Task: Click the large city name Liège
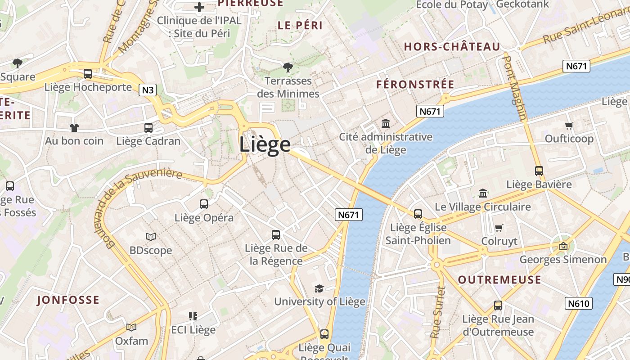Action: point(265,144)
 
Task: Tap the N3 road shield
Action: point(148,90)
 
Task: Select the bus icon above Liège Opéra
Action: point(204,204)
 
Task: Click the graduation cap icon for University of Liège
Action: point(319,288)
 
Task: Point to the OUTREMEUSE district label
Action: point(499,280)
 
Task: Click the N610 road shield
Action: point(578,303)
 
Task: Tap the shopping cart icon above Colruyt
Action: point(499,228)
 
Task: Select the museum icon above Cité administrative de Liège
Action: point(386,123)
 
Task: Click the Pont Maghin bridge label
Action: point(515,88)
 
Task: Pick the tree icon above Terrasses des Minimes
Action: point(288,67)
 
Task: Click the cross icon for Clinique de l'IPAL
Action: point(199,7)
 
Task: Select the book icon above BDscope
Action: point(151,237)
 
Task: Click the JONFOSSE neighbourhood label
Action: point(68,300)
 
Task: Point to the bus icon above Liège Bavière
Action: point(539,171)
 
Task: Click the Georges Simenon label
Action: point(563,260)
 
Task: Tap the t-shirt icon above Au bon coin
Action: point(74,128)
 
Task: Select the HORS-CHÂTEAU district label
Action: point(452,47)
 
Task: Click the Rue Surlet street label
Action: point(436,312)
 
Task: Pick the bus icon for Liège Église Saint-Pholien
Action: point(418,214)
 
